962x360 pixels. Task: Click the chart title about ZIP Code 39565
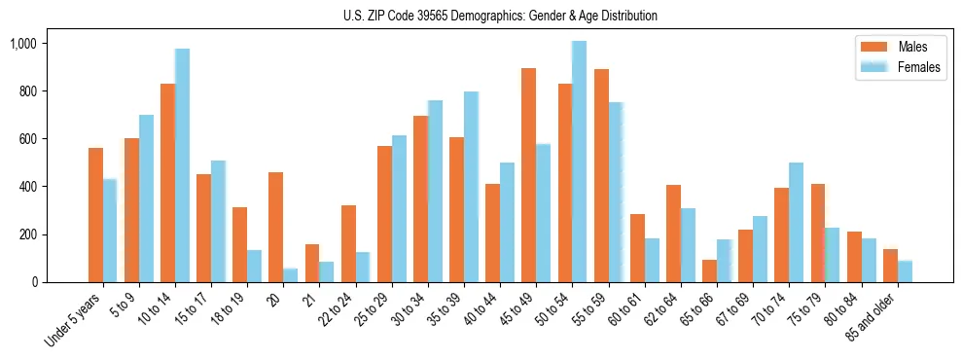tap(500, 16)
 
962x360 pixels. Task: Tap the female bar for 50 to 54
tap(580, 162)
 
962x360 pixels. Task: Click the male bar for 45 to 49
tap(529, 175)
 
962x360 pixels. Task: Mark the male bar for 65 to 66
tap(710, 270)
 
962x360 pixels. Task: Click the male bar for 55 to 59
tap(601, 175)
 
